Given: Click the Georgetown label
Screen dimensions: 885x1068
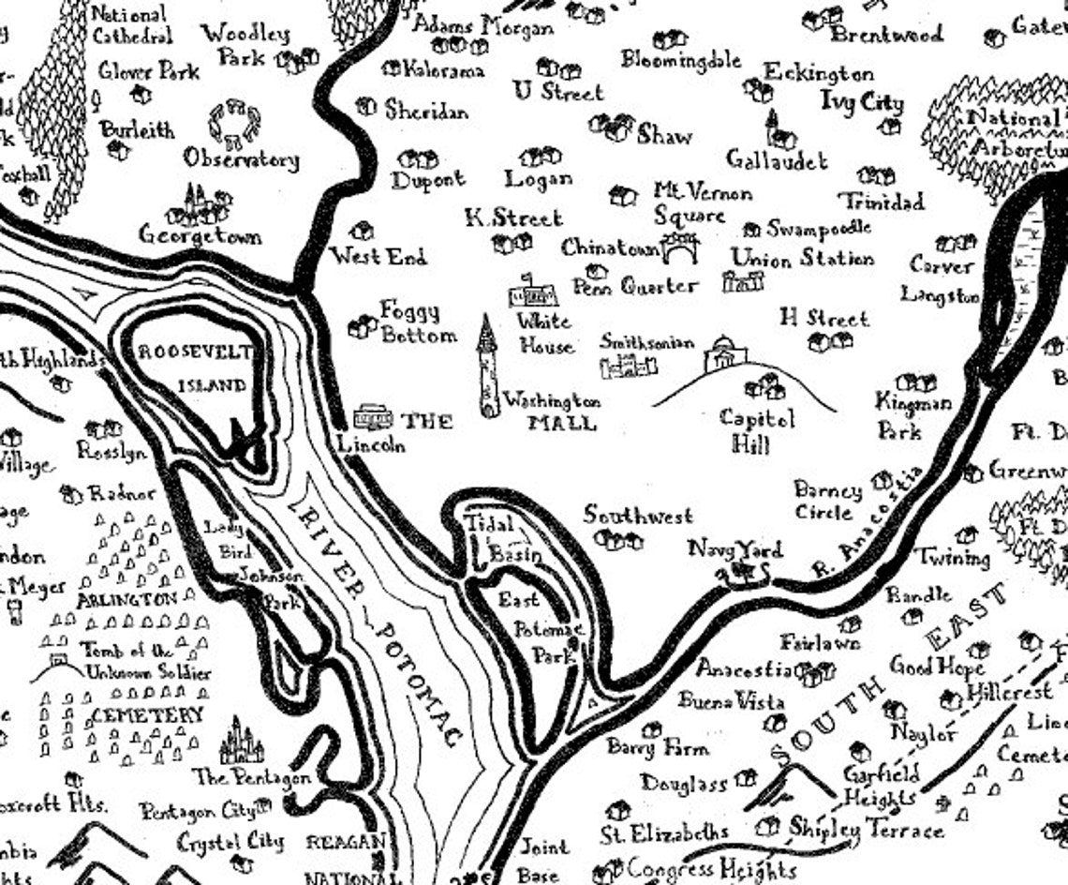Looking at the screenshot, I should click(x=200, y=235).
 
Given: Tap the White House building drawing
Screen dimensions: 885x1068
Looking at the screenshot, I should click(x=532, y=292).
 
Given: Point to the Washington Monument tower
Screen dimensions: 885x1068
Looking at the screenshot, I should click(x=488, y=367).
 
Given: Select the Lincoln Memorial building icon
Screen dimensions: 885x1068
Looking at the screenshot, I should click(x=372, y=416).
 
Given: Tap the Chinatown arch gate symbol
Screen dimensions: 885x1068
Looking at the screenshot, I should click(x=680, y=247).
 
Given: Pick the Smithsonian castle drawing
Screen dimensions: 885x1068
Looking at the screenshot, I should click(x=629, y=366).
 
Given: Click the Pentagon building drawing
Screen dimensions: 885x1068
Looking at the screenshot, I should click(x=241, y=743).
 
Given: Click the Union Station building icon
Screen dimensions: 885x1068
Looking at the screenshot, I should click(x=742, y=281).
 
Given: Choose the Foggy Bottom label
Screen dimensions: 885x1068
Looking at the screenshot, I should click(x=418, y=322).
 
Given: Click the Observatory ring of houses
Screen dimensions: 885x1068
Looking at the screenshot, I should click(x=234, y=120).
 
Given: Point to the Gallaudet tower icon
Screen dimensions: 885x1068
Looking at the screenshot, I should click(x=776, y=130).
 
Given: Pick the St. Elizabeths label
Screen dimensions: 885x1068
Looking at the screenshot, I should click(x=664, y=832).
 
